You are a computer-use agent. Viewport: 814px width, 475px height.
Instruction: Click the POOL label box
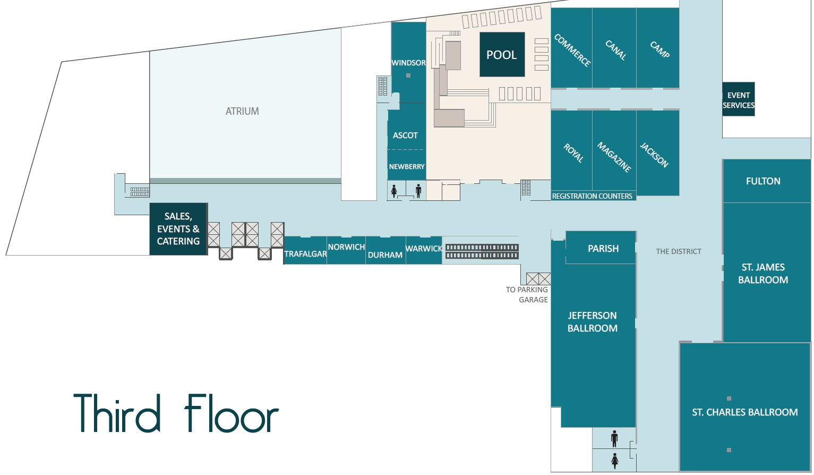[x=502, y=55]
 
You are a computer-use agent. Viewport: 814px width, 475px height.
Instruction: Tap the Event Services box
[x=738, y=99]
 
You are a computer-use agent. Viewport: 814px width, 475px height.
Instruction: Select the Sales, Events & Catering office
[x=178, y=229]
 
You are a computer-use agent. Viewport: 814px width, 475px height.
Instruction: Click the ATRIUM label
[x=242, y=111]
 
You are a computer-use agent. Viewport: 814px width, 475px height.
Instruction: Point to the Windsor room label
[x=408, y=63]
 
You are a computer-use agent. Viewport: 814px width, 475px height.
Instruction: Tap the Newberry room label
[x=407, y=167]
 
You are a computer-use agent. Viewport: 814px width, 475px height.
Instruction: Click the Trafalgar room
[x=305, y=251]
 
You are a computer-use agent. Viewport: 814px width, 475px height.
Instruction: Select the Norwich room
[x=346, y=250]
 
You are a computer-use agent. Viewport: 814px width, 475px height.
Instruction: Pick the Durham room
[x=385, y=250]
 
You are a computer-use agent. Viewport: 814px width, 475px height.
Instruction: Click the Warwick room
[x=424, y=250]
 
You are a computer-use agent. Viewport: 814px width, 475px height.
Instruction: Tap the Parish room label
[x=603, y=249]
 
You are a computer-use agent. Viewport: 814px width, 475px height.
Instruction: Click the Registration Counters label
[x=592, y=196]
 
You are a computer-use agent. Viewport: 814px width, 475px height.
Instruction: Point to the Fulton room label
[x=763, y=181]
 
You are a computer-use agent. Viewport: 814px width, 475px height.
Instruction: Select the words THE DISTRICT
[x=679, y=251]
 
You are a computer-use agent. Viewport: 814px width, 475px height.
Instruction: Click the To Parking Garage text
[x=527, y=294]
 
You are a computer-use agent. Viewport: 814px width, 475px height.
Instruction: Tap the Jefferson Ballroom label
[x=593, y=322]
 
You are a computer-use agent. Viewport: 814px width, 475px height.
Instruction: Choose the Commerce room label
[x=572, y=50]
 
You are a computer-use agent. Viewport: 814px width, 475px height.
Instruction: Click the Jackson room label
[x=654, y=155]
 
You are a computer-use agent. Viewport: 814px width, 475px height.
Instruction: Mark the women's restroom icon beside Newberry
[x=394, y=191]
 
